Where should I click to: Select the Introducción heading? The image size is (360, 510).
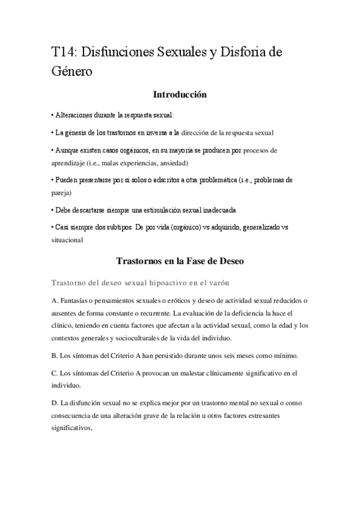tap(180, 94)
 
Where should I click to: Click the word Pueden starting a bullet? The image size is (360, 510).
tap(68, 180)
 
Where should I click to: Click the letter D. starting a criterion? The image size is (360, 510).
tap(55, 402)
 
